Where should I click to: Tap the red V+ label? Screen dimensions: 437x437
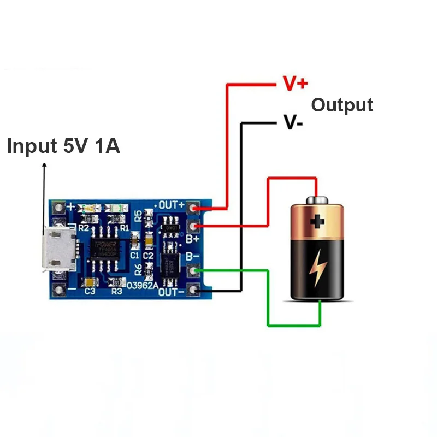[295, 84]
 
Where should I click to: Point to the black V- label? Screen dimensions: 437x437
[293, 121]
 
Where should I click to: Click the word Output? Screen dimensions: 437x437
[342, 105]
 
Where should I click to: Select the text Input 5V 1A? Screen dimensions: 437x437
[63, 146]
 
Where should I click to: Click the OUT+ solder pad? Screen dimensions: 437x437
[193, 208]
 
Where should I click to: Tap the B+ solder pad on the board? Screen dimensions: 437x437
[193, 226]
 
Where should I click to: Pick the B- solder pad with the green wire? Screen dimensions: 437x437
[193, 269]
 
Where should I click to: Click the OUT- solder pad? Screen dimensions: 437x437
[193, 290]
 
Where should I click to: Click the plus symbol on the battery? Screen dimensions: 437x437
[317, 221]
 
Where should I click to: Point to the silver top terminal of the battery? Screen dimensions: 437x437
[317, 200]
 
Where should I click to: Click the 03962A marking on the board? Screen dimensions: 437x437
[143, 285]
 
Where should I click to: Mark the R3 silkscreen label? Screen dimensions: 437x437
[116, 292]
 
